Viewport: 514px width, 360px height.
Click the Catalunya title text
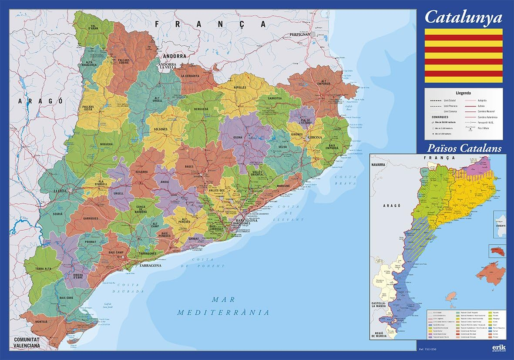pyautogui.click(x=463, y=17)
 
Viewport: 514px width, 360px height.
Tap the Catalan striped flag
pyautogui.click(x=464, y=56)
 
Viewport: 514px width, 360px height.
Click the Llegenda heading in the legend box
pyautogui.click(x=464, y=93)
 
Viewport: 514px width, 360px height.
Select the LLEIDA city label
pyautogui.click(x=60, y=191)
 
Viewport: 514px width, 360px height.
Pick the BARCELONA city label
pyautogui.click(x=246, y=220)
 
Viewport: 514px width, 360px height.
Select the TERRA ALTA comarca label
pyautogui.click(x=44, y=269)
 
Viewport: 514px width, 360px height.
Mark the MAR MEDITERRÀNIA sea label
pyautogui.click(x=223, y=306)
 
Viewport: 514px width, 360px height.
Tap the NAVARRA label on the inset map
pyautogui.click(x=379, y=165)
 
